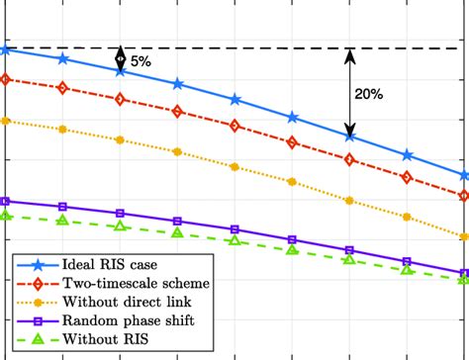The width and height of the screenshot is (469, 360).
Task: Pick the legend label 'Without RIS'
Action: coord(100,339)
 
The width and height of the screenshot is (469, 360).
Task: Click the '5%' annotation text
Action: coord(141,61)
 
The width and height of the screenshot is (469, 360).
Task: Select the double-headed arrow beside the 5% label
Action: coord(121,58)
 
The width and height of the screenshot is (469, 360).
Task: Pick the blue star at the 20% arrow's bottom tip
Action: coord(349,136)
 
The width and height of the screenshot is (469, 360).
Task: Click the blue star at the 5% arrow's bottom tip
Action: coord(121,71)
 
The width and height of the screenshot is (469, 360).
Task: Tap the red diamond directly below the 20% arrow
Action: coord(349,160)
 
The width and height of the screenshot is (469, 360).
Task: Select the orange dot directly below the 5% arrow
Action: coord(121,139)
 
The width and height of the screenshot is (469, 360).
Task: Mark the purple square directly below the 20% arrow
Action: coord(349,250)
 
